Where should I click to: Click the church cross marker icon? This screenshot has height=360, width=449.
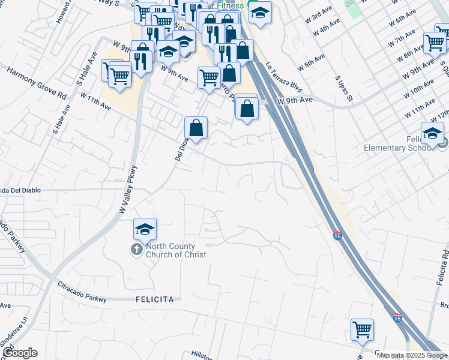[x=137, y=248]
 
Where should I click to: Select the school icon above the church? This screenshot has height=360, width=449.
[x=145, y=229]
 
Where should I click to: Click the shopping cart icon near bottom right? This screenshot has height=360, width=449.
[x=362, y=329]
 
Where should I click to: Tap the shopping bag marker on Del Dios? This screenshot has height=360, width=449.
[x=196, y=128]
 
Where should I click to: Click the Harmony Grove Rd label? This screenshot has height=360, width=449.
[x=36, y=83]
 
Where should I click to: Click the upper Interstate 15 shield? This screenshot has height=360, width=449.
[x=337, y=236]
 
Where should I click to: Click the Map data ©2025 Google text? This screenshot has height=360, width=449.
[x=412, y=355]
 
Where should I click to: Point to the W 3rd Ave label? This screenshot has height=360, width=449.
[x=318, y=14]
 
